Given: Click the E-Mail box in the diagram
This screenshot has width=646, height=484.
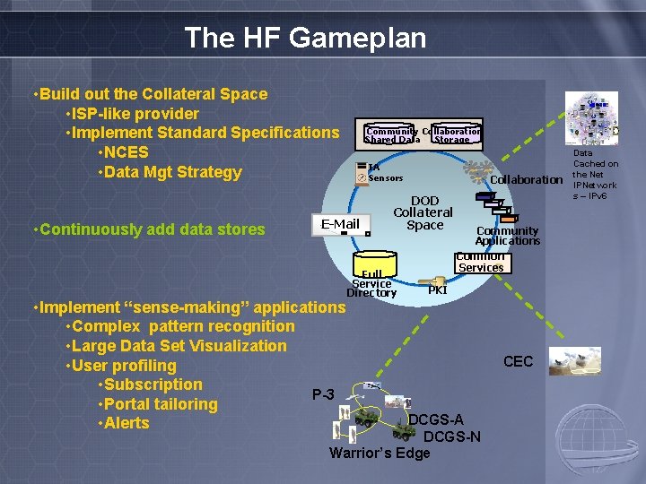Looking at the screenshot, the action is click(340, 224).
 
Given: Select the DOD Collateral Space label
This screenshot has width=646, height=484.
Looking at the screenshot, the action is click(424, 213).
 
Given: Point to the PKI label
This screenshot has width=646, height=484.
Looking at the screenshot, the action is click(438, 290).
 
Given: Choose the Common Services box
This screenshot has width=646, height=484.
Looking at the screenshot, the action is click(481, 262).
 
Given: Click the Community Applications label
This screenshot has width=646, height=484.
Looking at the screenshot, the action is click(507, 235).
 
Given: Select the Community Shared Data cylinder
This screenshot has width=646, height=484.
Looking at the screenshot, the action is click(392, 134).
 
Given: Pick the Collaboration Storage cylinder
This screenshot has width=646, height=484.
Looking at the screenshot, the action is click(454, 134).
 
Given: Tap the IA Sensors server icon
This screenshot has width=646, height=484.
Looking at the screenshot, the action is click(361, 172).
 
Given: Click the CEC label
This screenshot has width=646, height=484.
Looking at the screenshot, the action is click(518, 362).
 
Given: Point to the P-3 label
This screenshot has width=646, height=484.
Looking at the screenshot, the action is click(323, 394).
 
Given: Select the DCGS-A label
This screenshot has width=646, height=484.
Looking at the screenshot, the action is click(436, 419).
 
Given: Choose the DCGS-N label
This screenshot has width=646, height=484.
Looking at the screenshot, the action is click(451, 436).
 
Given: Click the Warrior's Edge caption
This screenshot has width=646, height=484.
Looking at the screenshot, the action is click(380, 454).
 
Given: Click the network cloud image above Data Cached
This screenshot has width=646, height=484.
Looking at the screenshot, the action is click(592, 116).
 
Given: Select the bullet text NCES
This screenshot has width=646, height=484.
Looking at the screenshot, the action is click(126, 152).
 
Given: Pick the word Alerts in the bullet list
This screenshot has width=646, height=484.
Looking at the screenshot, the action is click(127, 423).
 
